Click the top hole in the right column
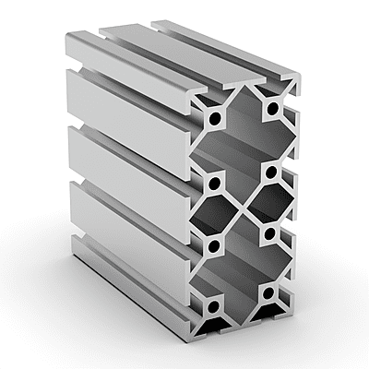tap(271, 109)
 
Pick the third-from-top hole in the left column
tap(213, 245)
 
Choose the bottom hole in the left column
tap(212, 306)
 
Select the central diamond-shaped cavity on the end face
tap(242, 208)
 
